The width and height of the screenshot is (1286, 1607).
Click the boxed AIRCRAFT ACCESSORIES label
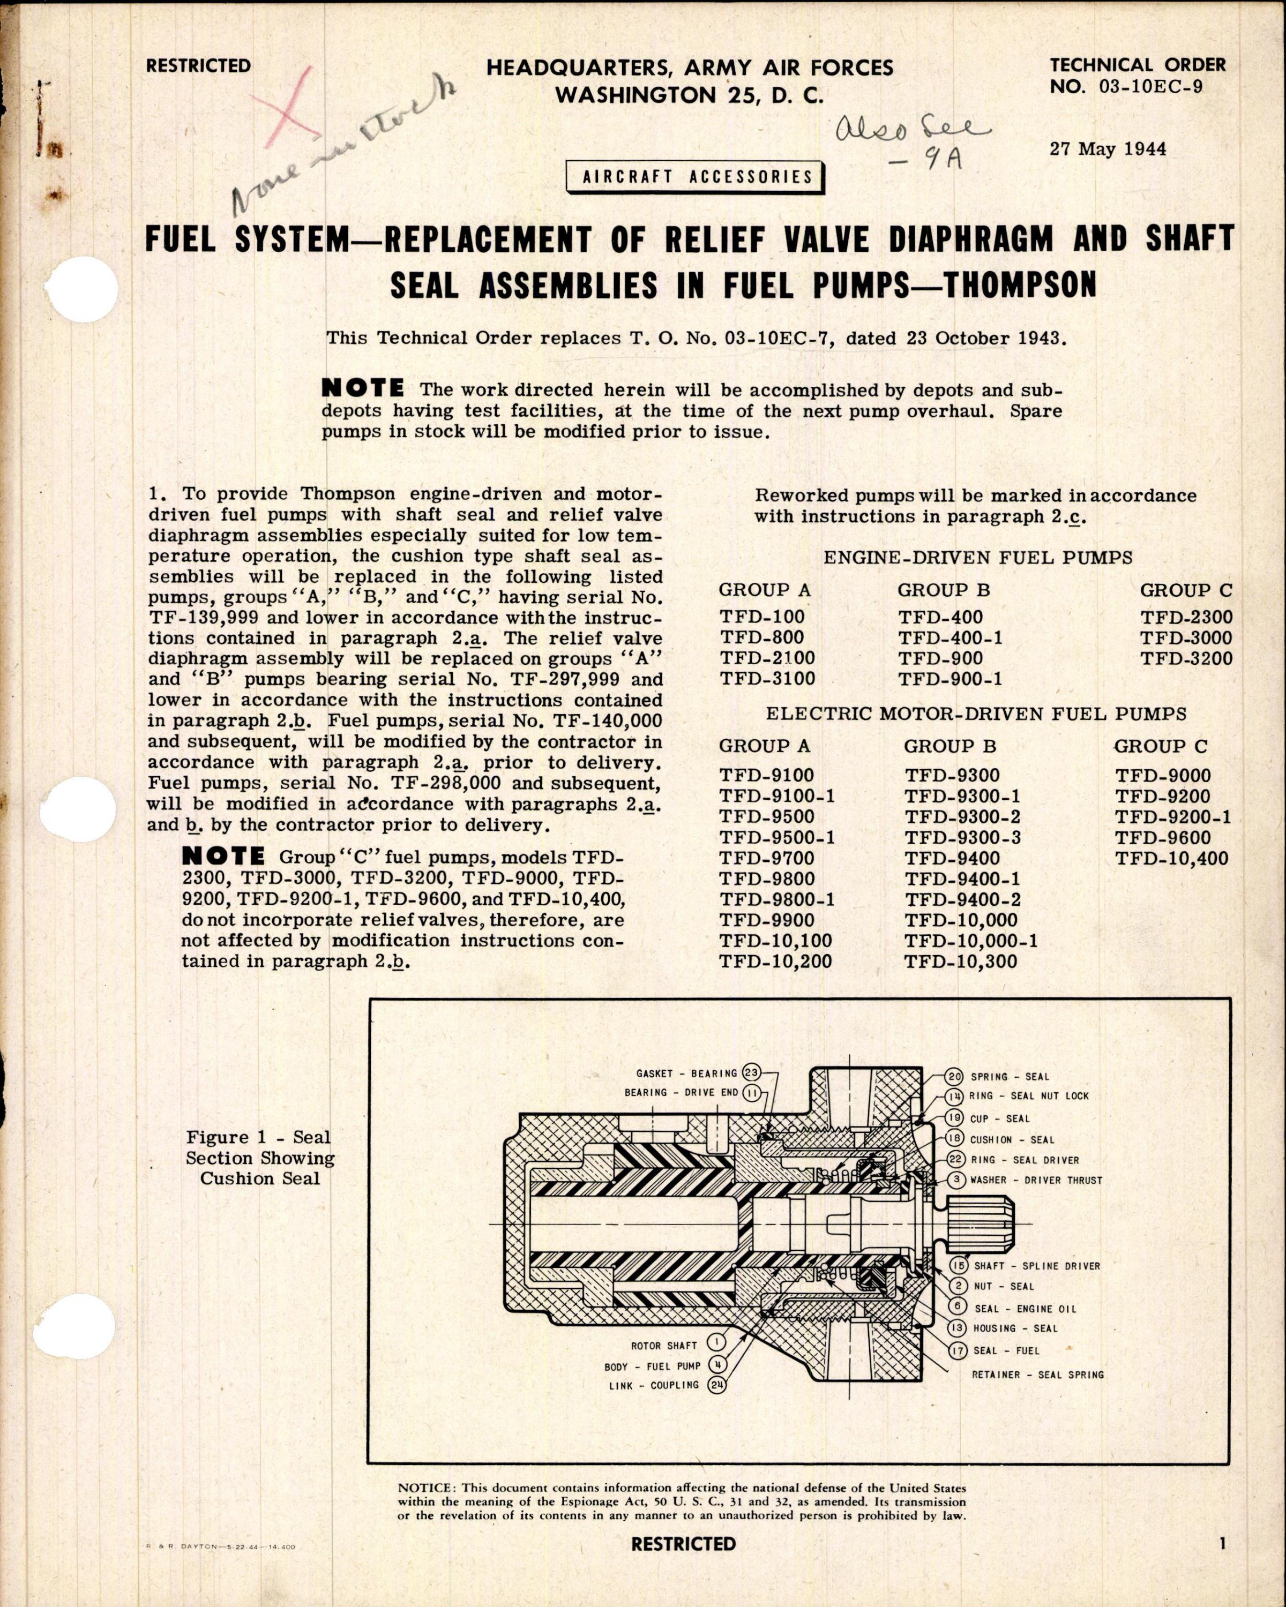pos(697,177)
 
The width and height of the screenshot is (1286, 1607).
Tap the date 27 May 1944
pos(1108,148)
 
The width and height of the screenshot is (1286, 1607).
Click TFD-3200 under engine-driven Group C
pos(1185,658)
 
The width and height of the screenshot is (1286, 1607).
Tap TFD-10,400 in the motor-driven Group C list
pos(1171,858)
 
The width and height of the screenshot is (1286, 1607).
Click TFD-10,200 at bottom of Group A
pos(775,962)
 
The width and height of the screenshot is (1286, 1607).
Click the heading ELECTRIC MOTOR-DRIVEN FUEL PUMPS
pos(975,714)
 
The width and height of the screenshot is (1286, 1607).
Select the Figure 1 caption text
pos(259,1158)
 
